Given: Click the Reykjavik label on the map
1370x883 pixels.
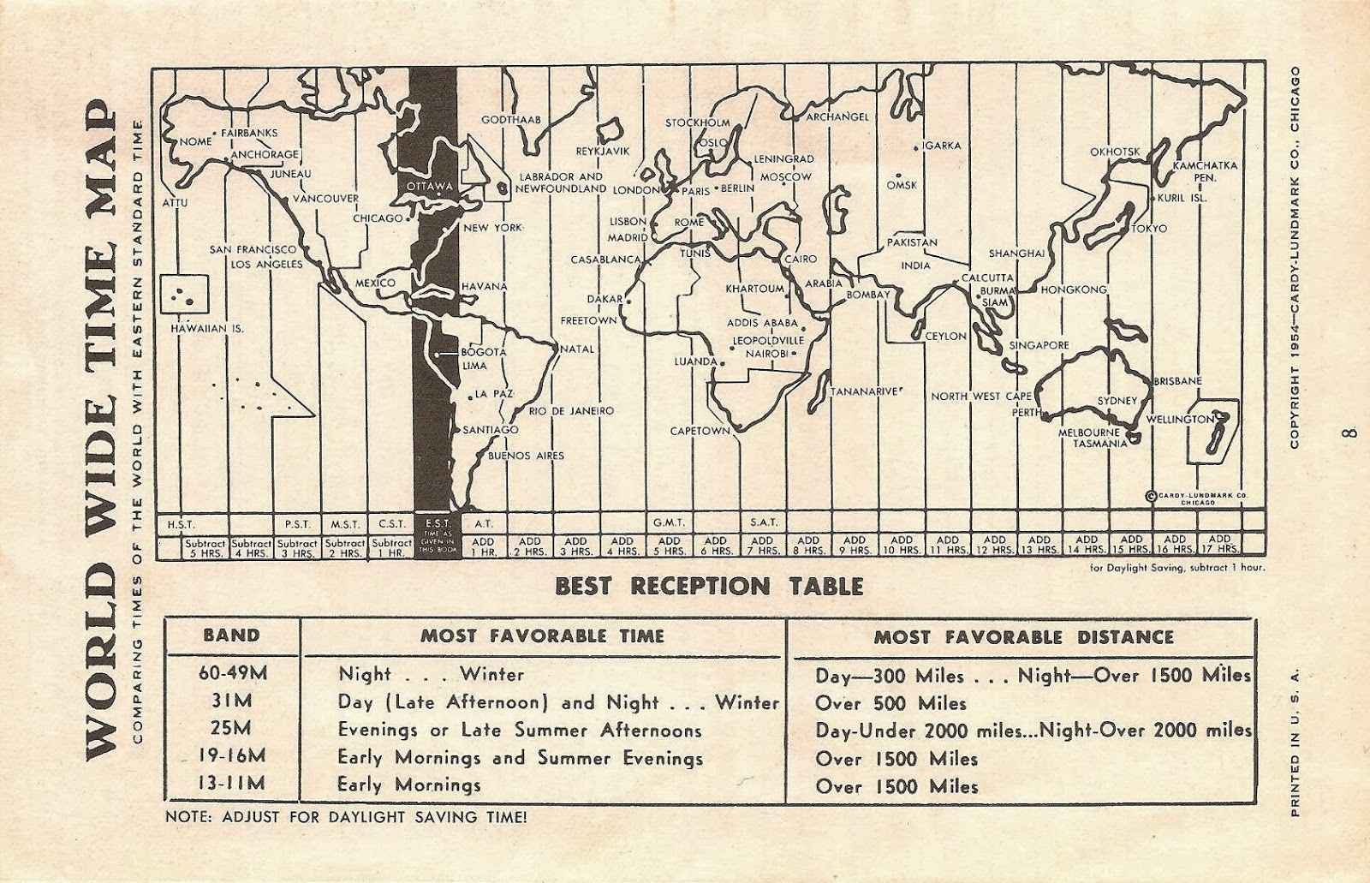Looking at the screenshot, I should [x=602, y=151].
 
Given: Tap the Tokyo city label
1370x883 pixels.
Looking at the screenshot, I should [x=1148, y=229].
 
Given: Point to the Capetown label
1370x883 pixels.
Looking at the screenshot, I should [x=700, y=431].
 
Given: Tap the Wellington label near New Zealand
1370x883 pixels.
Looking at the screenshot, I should [x=1180, y=419].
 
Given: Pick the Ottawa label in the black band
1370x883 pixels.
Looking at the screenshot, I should [x=430, y=186].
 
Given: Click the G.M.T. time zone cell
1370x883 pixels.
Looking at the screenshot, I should [x=669, y=522].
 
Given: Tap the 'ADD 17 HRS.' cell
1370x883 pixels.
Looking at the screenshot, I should [x=1218, y=545].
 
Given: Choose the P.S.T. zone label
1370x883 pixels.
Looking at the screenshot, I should [x=296, y=522].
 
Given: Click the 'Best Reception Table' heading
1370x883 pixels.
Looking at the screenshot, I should [x=708, y=587].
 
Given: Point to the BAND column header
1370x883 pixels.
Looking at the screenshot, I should [x=230, y=635].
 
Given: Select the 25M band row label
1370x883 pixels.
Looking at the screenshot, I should [x=231, y=730].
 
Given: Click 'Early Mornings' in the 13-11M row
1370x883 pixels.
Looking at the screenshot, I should [x=408, y=785].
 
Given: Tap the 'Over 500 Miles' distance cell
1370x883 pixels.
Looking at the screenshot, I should [x=890, y=703].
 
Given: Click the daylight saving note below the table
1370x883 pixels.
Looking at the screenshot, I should [x=346, y=816].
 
